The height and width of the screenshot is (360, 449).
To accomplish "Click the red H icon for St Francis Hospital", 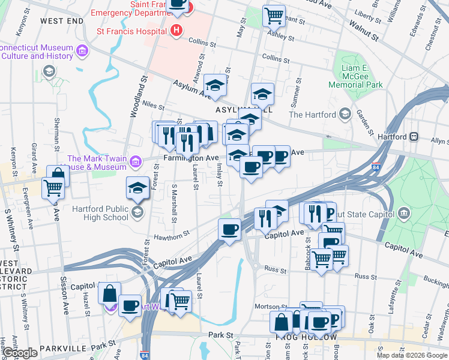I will coord(176,30).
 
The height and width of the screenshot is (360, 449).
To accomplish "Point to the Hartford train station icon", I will coord(414,136).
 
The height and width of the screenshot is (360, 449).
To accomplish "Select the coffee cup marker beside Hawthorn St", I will coord(229,229).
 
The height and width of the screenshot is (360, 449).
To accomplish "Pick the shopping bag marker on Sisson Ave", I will coord(58,175).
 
